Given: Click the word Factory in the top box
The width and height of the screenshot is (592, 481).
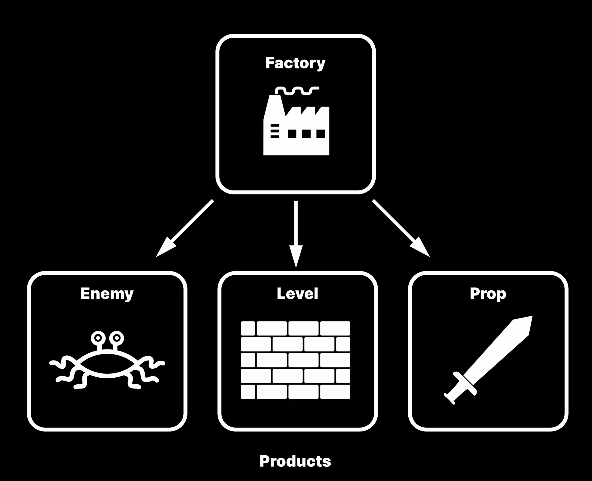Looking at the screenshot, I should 295,63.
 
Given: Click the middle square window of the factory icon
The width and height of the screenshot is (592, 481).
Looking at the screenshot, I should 306,134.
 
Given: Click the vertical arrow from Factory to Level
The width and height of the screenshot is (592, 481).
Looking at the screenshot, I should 296,233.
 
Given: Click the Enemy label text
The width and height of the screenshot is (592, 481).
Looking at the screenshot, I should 107,293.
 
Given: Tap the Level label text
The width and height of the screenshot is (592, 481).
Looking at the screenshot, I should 297,293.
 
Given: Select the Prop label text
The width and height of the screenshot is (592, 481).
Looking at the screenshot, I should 488,293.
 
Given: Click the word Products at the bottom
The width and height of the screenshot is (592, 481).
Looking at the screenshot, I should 295,461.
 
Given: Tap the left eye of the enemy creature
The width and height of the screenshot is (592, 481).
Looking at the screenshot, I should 98,338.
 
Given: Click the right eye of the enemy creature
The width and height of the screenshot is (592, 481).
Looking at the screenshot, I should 117,338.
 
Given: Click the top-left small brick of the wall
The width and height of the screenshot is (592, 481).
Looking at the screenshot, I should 248,328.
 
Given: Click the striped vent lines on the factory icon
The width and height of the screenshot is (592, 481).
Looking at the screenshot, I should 274,131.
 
